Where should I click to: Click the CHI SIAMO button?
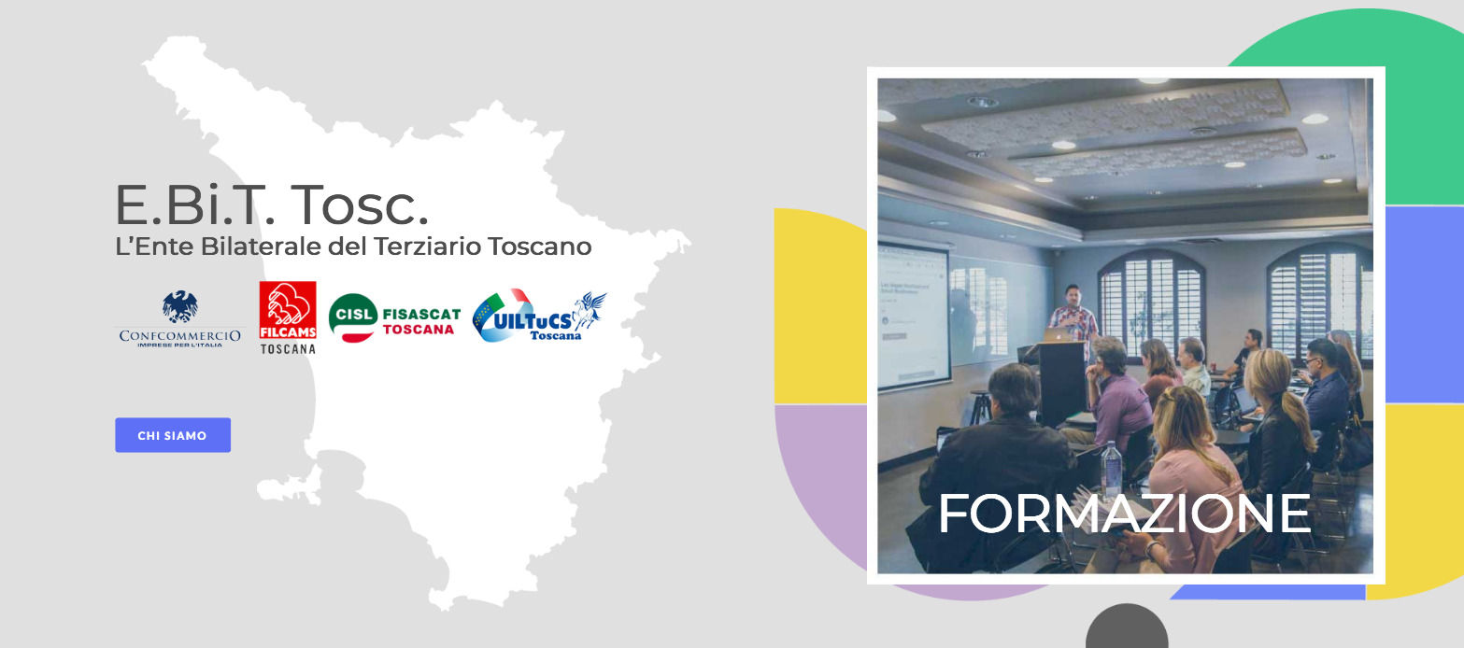(x=173, y=435)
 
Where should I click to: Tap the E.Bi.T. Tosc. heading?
(x=272, y=204)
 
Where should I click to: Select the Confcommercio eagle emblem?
(x=179, y=306)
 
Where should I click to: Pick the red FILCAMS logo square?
(x=288, y=310)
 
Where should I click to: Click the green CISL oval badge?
(x=353, y=317)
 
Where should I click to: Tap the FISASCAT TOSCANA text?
(x=421, y=321)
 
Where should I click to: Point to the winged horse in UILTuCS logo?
(x=589, y=310)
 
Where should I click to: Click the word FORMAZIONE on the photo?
(x=1125, y=514)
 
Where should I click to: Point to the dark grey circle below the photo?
(x=1127, y=628)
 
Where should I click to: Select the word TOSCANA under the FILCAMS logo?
(x=289, y=349)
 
